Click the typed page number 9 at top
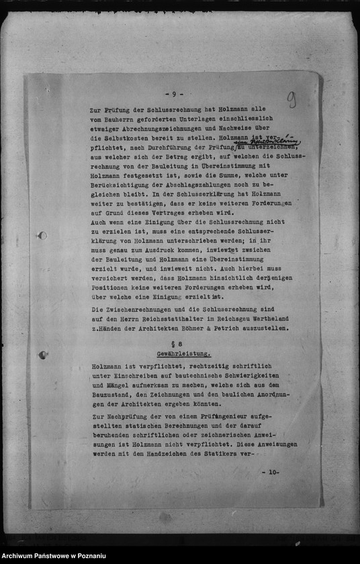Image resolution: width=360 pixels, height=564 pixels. tap(173, 95)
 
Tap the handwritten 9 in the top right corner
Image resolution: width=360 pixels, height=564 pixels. tap(291, 100)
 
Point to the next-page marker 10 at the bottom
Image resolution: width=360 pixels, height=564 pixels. tap(271, 472)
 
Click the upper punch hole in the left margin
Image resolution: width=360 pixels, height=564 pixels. tap(42, 236)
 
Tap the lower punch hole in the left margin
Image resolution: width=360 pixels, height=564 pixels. tap(42, 355)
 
